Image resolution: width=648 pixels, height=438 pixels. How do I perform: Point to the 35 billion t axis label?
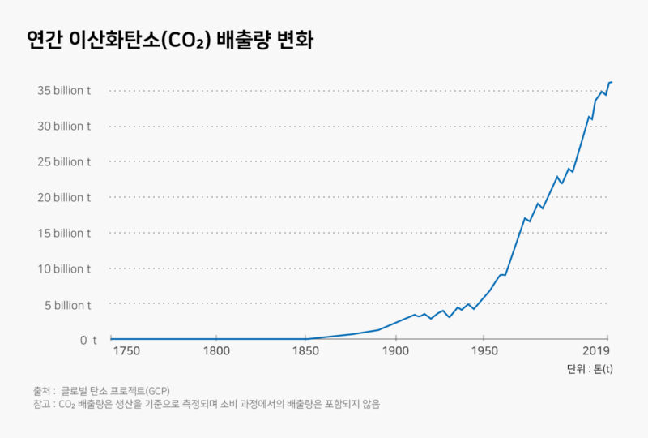64,91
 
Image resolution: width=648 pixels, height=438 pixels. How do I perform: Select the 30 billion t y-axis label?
64,127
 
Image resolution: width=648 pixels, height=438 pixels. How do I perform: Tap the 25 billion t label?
64,161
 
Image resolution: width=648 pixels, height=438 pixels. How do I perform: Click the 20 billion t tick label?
64,197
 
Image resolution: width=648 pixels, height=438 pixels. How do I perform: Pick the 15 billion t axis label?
64,233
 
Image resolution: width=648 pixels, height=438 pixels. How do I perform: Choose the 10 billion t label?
64,268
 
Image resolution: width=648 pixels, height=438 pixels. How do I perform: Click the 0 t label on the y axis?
88,340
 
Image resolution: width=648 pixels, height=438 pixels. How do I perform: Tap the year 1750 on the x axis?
126,351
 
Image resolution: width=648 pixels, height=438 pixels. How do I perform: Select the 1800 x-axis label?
215,351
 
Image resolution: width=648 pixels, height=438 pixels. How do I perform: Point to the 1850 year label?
305,351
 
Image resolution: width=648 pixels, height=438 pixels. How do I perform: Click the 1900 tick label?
394,351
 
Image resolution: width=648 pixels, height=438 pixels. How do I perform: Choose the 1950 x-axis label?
484,351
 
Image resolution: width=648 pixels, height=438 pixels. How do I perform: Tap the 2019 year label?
596,351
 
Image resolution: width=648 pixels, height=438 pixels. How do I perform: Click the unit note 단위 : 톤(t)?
589,369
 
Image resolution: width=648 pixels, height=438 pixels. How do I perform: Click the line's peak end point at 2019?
612,82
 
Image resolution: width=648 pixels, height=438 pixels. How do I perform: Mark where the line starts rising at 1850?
305,339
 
